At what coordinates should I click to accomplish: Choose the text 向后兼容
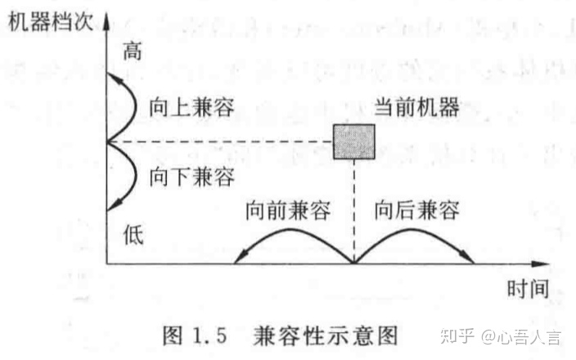[417, 210]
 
